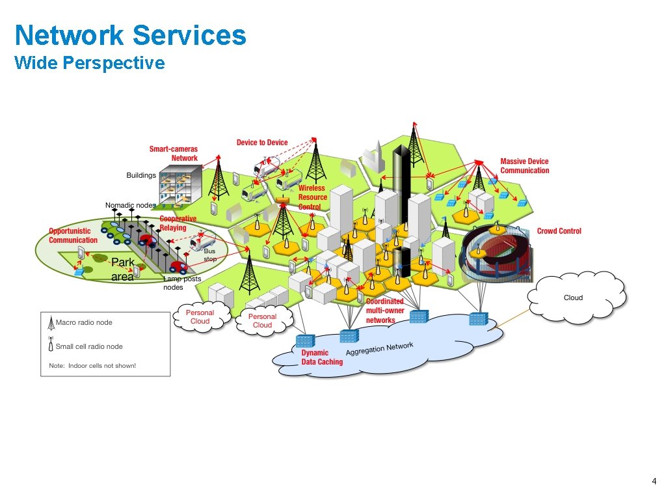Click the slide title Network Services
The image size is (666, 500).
130,35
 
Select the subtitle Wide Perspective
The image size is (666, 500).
89,63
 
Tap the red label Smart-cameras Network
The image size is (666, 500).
174,154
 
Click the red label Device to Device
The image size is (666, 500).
262,143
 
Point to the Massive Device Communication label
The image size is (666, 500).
524,166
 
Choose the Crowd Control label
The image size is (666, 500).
559,231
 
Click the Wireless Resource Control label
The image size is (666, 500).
312,197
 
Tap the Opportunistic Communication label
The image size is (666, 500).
73,236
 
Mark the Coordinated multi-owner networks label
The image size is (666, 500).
384,311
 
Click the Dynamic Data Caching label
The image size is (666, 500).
321,357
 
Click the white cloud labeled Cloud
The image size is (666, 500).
576,297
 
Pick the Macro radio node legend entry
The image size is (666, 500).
84,322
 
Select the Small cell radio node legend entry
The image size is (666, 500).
88,346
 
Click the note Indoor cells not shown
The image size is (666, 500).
92,366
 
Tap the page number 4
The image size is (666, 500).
654,482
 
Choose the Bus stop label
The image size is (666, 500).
210,255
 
